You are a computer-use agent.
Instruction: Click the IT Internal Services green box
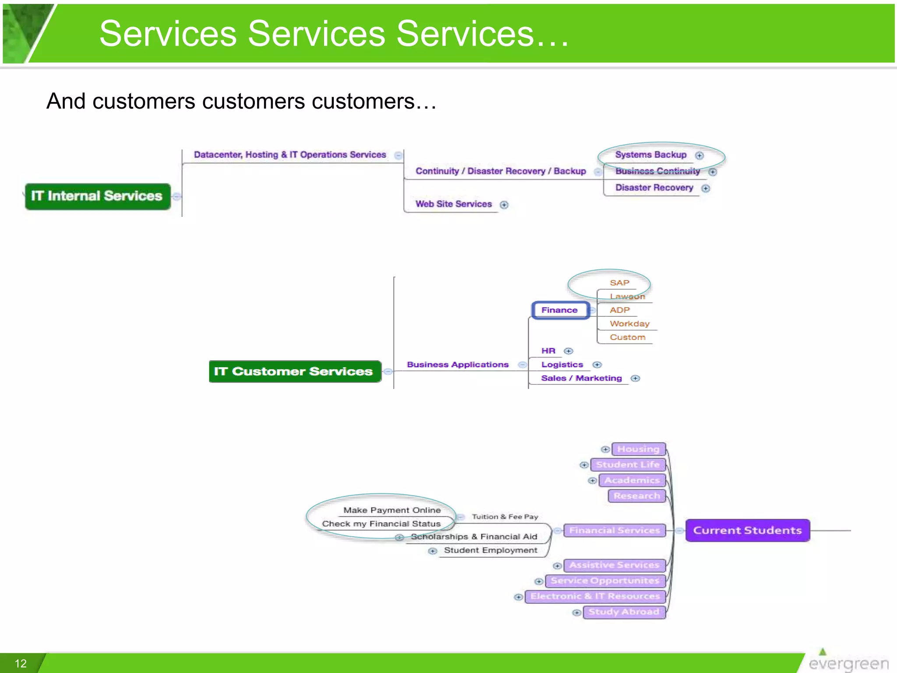97,196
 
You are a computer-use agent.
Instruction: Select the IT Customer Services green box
294,372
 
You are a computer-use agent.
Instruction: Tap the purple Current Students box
747,530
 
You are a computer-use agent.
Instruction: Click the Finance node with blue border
560,310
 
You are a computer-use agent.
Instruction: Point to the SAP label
619,283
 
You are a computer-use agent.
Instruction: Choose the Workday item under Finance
629,324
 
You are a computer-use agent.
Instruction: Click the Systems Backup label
650,155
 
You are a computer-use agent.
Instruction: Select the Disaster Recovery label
654,188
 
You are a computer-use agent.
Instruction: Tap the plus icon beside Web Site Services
504,205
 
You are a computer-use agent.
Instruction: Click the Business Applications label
458,365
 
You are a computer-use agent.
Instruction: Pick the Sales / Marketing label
581,378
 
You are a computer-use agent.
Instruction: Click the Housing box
638,449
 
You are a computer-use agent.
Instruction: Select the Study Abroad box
624,612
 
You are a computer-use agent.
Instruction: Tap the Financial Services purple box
614,531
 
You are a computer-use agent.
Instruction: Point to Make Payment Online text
392,510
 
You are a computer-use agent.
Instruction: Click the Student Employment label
490,550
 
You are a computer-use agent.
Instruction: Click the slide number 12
21,663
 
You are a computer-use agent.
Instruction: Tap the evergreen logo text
848,664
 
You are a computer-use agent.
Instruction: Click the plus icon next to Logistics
597,365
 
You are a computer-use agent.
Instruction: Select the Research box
636,496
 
